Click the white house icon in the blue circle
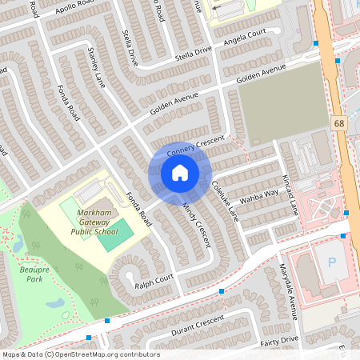point(179,173)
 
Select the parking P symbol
point(330,263)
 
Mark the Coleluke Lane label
point(225,199)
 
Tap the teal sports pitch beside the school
point(116,238)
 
